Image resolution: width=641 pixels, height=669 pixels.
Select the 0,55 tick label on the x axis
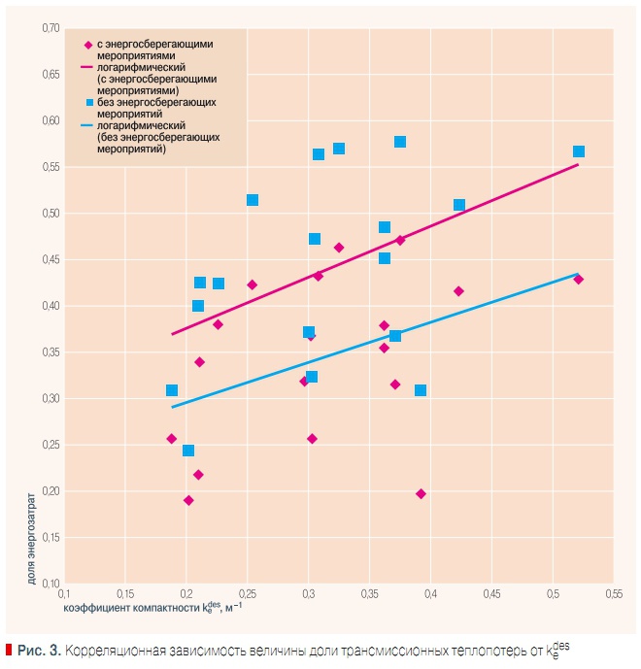pos(613,593)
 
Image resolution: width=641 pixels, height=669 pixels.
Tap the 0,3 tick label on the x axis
pos(308,593)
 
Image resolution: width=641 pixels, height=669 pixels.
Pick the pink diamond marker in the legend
pos(88,45)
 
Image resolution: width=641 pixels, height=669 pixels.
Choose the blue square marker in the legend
pos(88,101)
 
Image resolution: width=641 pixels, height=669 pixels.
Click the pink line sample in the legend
pos(87,68)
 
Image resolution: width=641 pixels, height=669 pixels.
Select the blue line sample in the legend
pos(87,125)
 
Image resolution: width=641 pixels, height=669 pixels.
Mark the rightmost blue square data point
pos(579,151)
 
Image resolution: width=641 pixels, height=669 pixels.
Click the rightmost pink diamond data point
pos(579,280)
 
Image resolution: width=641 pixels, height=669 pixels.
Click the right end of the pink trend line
pos(578,164)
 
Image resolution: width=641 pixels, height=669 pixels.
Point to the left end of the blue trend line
pos(172,407)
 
